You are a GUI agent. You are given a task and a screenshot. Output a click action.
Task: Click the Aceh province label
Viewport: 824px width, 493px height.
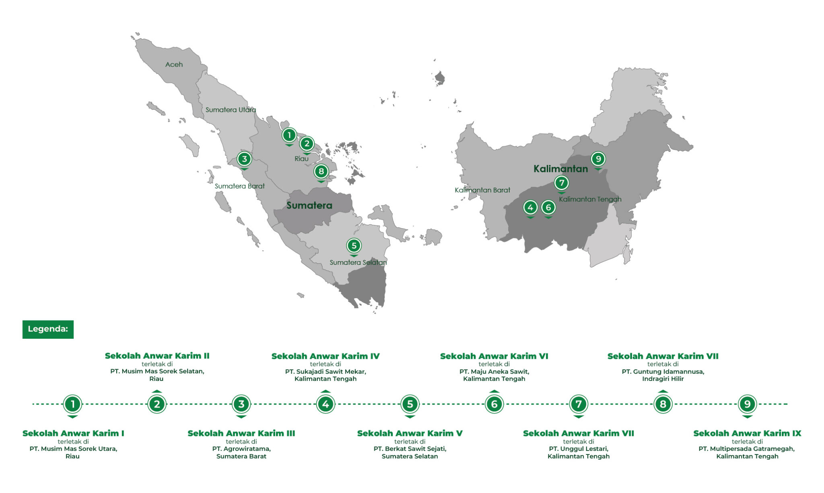pos(174,64)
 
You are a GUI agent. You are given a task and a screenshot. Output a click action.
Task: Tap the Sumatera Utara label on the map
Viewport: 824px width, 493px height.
pos(231,110)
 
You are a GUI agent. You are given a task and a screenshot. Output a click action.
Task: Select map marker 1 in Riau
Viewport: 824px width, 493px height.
pos(289,135)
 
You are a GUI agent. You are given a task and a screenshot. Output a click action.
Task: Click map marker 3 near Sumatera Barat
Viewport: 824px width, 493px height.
pos(244,159)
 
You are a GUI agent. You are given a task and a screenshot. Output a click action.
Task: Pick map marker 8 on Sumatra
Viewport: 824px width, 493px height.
pos(321,172)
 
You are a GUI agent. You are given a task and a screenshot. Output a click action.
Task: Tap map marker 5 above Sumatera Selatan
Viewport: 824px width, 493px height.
pos(354,245)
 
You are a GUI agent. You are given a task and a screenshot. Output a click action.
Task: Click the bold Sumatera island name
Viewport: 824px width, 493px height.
pos(309,205)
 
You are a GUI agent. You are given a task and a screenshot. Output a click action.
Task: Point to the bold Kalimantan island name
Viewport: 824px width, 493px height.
pos(560,169)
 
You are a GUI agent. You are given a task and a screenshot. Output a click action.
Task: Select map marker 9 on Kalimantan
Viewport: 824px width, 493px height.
pos(598,159)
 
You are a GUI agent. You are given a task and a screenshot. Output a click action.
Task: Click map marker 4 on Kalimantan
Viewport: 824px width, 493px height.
pos(530,207)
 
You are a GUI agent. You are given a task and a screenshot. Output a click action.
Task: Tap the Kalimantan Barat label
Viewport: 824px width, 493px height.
pos(482,190)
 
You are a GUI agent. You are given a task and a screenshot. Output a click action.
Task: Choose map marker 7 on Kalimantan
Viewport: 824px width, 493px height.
pos(561,183)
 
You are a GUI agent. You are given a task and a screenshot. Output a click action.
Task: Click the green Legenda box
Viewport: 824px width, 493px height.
pos(48,329)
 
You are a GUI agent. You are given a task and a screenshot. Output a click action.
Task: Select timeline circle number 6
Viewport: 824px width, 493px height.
pos(494,404)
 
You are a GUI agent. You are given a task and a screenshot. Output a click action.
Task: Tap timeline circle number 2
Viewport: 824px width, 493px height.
pos(157,404)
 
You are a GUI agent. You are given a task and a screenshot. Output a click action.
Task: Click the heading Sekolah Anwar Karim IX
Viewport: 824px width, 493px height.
pos(747,433)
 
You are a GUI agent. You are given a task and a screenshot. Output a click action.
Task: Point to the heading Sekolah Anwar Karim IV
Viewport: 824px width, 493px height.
pos(325,356)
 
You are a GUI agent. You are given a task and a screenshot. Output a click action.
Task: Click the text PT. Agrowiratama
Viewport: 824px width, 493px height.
pos(241,448)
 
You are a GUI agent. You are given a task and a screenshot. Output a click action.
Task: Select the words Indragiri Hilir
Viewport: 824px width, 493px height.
pos(663,378)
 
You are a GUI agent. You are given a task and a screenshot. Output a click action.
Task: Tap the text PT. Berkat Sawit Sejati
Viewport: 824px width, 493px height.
pos(410,448)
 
